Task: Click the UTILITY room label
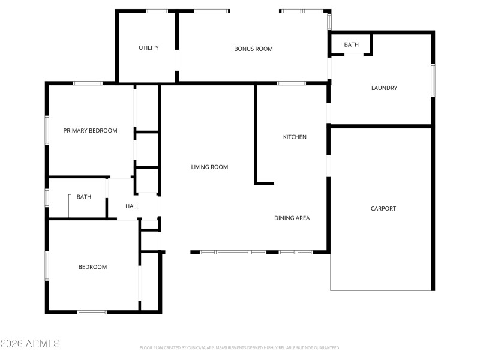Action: [x=149, y=48]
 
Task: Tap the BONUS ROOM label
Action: [x=253, y=49]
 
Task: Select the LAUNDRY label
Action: [x=384, y=88]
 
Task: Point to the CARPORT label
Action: [x=383, y=209]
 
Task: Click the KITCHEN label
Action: [x=295, y=137]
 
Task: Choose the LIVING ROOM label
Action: [x=209, y=167]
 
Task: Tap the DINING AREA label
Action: [x=292, y=218]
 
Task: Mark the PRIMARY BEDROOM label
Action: [x=91, y=131]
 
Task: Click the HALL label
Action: [x=132, y=206]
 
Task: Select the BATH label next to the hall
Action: [x=84, y=197]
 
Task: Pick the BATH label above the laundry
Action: [x=351, y=45]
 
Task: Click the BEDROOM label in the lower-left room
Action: [x=92, y=267]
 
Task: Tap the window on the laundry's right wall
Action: [x=433, y=80]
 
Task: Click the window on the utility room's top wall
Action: [x=157, y=11]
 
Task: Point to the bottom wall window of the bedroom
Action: [x=92, y=312]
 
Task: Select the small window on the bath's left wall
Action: [x=47, y=197]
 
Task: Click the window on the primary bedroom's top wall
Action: [x=88, y=83]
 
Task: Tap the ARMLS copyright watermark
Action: [x=30, y=344]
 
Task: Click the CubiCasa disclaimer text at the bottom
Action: [x=240, y=348]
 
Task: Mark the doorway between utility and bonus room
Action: [x=177, y=61]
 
